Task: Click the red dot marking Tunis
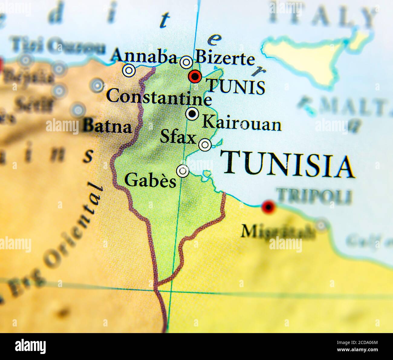click(195, 77)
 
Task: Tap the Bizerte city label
click(225, 58)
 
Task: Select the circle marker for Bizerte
click(186, 62)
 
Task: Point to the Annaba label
click(144, 56)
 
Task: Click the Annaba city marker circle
click(129, 70)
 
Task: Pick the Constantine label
click(159, 97)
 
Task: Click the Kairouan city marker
click(192, 114)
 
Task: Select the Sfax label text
click(178, 137)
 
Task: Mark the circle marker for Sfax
click(205, 145)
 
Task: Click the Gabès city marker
click(182, 171)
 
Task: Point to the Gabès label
click(150, 181)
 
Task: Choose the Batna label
click(107, 126)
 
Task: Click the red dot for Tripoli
click(268, 207)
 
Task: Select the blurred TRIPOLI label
click(314, 197)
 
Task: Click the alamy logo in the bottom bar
click(30, 346)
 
